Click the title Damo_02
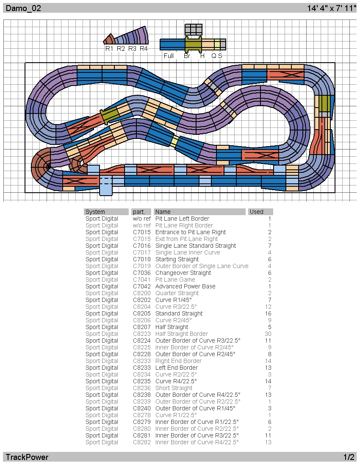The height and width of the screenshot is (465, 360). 23,8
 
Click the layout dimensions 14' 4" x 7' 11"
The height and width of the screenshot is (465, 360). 332,8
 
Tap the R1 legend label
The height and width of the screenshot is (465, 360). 109,49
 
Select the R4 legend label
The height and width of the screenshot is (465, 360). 144,49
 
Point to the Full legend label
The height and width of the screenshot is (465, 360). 169,56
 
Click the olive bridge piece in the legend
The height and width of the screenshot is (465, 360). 194,44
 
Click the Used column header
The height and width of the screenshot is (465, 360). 257,212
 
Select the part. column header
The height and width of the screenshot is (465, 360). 139,212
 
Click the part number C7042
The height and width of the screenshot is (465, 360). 142,286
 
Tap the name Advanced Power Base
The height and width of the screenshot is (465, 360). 186,286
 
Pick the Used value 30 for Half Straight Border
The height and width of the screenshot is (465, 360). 268,334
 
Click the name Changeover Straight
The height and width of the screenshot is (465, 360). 183,273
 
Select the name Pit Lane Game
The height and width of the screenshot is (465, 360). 175,280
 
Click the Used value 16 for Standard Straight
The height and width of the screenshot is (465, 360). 268,313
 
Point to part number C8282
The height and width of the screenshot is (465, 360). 142,442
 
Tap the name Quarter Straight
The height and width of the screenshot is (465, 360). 177,293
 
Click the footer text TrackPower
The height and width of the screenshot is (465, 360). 27,457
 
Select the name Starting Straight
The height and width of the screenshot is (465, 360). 177,259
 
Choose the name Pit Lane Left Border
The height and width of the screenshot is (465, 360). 183,219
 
